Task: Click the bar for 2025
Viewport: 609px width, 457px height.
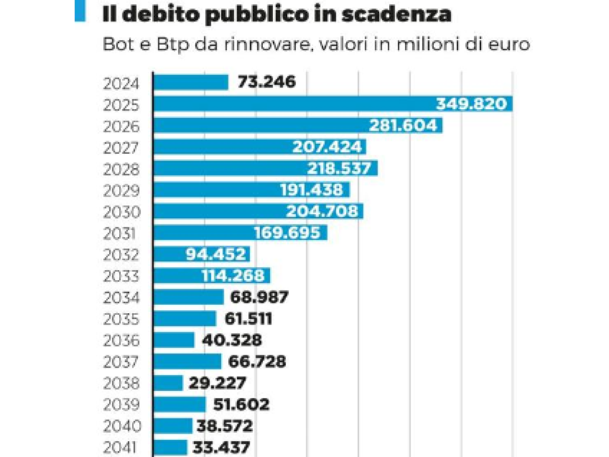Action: [294, 104]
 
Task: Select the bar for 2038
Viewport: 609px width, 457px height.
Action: [168, 383]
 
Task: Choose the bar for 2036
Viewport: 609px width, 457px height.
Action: [174, 340]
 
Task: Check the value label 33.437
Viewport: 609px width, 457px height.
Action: [221, 448]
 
